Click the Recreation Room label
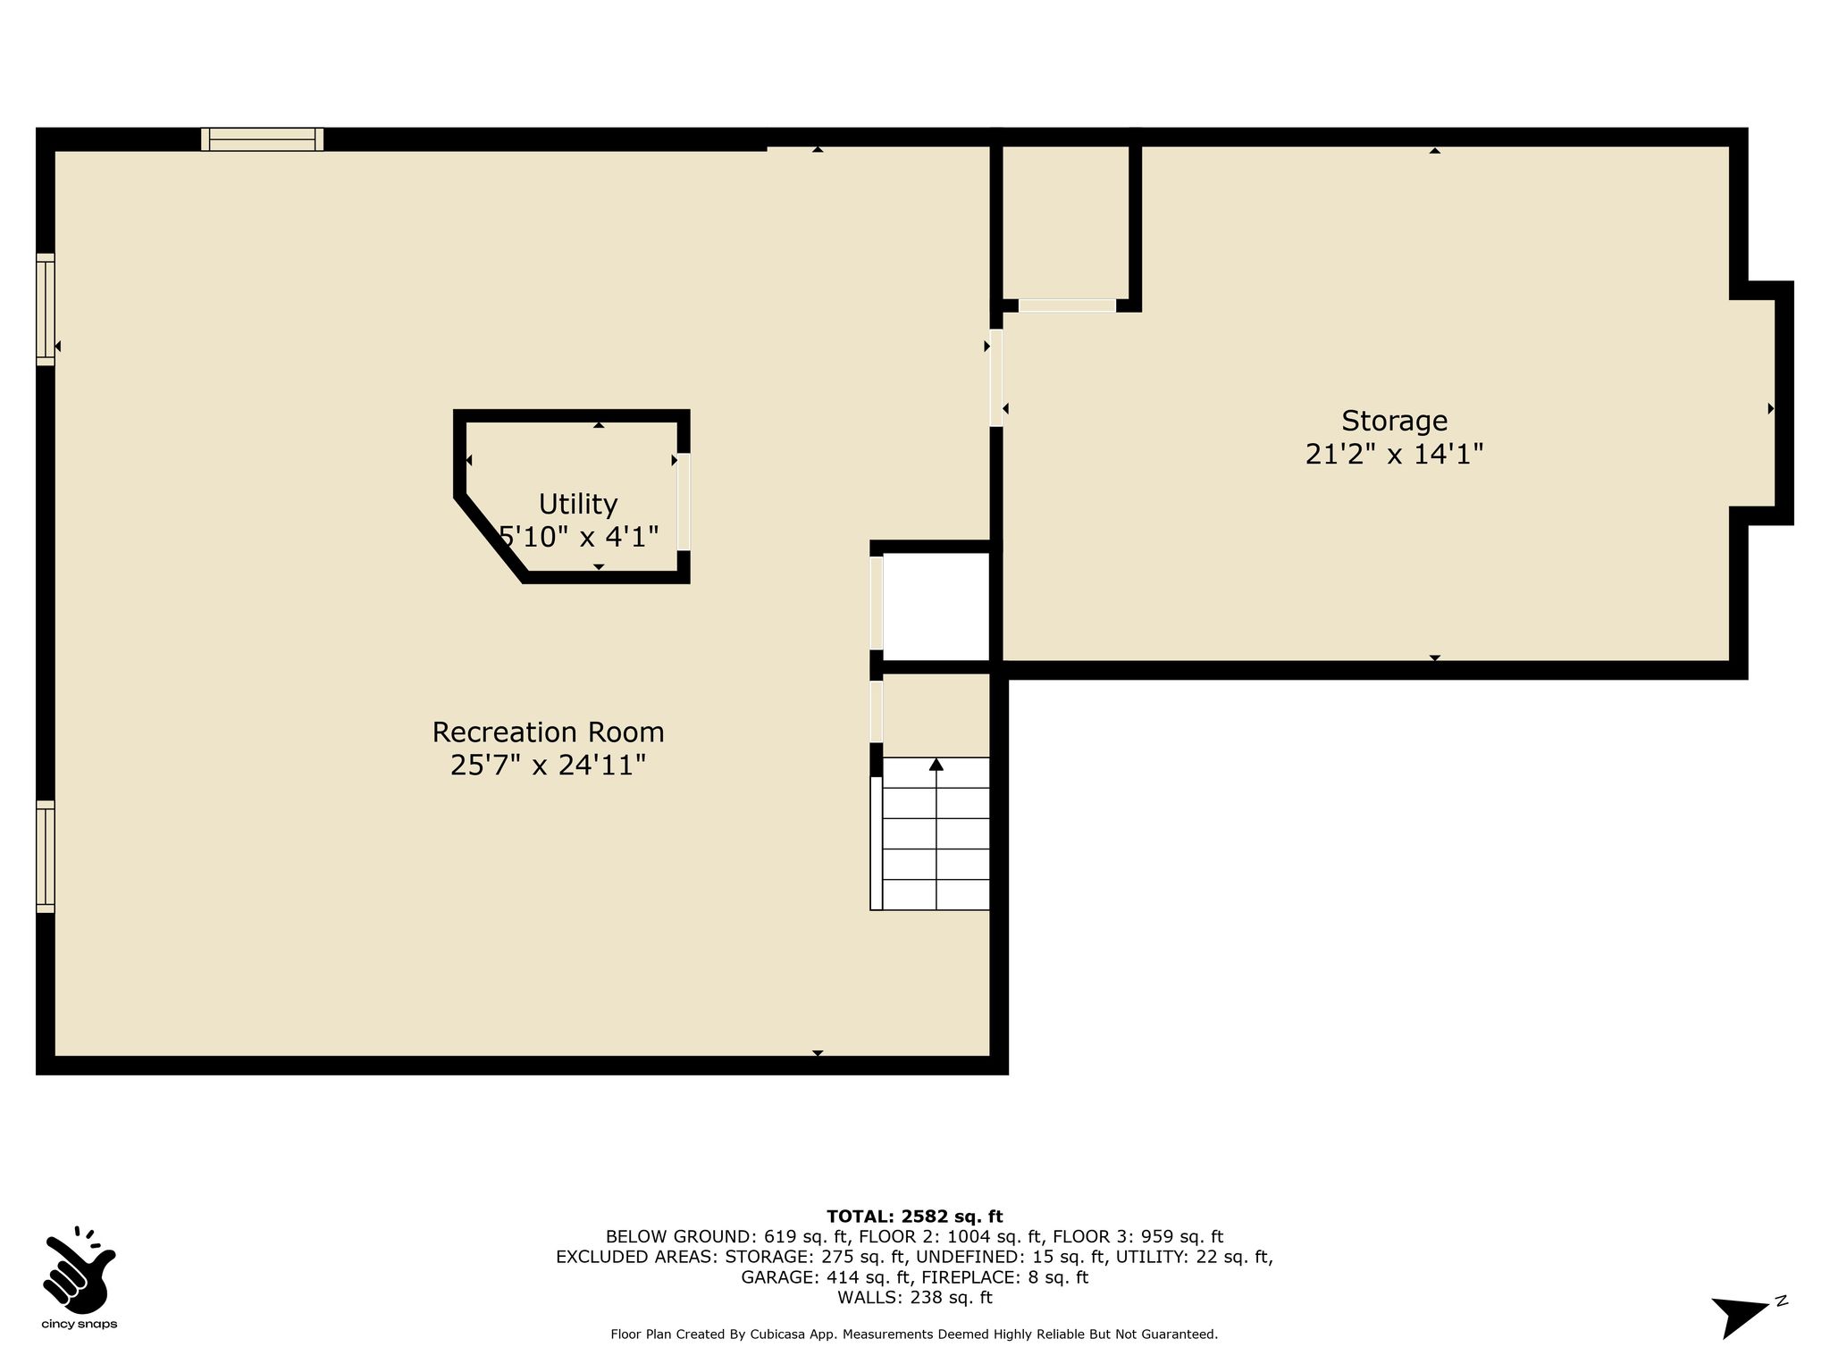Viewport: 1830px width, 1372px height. pyautogui.click(x=548, y=732)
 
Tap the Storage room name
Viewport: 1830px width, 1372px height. pyautogui.click(x=1394, y=421)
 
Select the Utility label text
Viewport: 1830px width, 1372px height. pyautogui.click(x=578, y=504)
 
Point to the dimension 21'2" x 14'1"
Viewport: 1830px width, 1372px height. pyautogui.click(x=1394, y=455)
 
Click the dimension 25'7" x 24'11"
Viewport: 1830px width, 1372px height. pyautogui.click(x=548, y=765)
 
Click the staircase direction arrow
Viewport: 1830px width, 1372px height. pyautogui.click(x=936, y=832)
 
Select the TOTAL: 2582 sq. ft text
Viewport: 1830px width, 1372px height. pyautogui.click(x=914, y=1217)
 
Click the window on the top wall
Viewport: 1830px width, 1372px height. pyautogui.click(x=262, y=139)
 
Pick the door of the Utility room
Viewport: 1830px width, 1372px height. pyautogui.click(x=684, y=501)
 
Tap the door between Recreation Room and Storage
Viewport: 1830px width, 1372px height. pyautogui.click(x=996, y=378)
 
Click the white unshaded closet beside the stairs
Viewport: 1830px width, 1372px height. pyautogui.click(x=936, y=607)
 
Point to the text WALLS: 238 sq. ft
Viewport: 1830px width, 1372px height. pyautogui.click(x=914, y=1298)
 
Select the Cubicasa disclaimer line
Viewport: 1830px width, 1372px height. pyautogui.click(x=914, y=1334)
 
